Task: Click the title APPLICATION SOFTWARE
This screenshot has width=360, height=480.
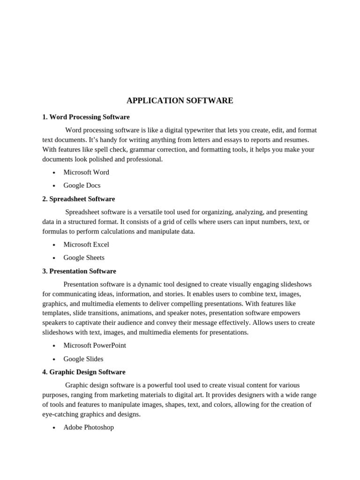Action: coord(180,101)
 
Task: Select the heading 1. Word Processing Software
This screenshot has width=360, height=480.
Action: coord(86,117)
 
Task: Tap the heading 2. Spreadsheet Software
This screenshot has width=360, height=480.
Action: coord(78,199)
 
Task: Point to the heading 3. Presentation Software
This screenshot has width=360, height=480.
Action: coord(79,271)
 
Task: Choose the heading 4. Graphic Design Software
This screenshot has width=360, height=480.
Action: coord(84,372)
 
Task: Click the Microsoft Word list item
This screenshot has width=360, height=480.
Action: coord(86,172)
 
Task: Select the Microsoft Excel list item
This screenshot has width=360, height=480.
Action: coord(86,244)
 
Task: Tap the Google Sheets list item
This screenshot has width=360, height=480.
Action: coord(84,257)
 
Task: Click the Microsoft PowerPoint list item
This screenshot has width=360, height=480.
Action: coord(95,345)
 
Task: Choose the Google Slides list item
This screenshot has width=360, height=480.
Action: coord(83,359)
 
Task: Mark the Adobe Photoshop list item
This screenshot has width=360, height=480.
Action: coord(89,427)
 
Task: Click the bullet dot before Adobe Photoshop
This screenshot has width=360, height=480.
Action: coord(54,428)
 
